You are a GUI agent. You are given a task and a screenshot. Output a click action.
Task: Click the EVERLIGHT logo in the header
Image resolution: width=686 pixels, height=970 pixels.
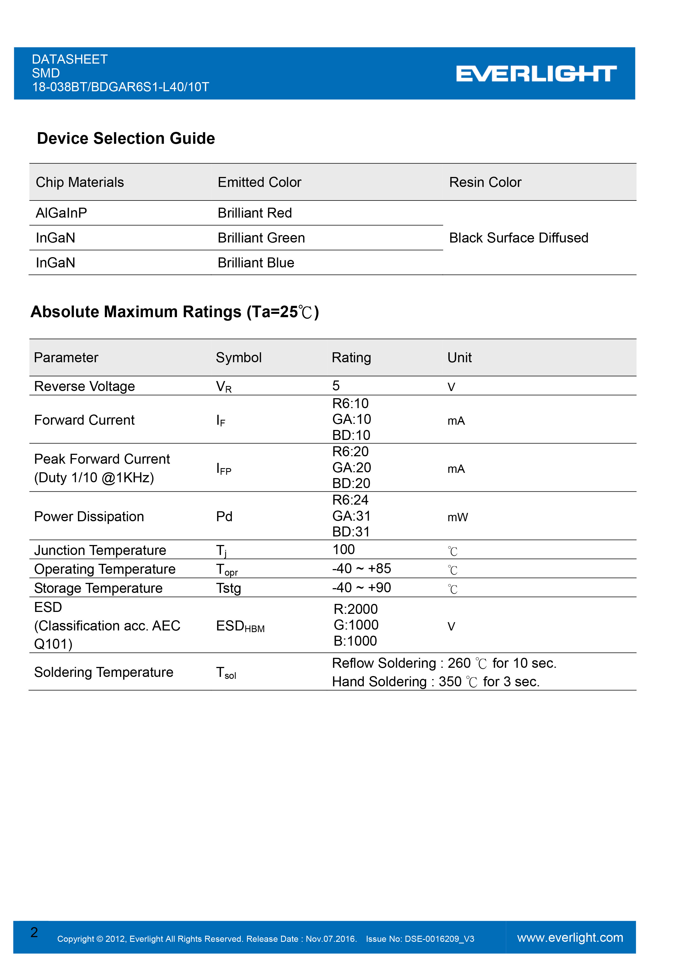point(536,74)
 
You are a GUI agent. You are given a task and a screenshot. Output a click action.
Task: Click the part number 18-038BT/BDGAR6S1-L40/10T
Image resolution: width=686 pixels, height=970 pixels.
point(120,87)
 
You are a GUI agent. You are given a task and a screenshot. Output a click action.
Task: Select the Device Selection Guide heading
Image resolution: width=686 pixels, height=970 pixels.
point(126,139)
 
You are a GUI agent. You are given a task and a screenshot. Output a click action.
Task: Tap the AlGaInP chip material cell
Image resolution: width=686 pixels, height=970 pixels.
point(61,213)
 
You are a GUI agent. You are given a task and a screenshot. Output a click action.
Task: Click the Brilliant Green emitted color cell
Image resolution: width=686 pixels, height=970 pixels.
point(261,238)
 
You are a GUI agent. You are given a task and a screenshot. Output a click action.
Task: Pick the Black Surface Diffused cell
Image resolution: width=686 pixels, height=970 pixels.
point(519,238)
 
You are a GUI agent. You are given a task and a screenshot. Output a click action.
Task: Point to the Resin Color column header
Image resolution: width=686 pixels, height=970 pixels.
point(485,182)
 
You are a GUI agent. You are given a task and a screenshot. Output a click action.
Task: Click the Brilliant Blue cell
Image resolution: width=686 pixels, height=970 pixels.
point(256,263)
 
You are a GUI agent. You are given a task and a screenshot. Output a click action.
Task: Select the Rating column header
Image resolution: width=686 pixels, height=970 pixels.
point(351,358)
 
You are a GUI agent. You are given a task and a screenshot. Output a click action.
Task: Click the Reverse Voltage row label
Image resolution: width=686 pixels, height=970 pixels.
point(85,386)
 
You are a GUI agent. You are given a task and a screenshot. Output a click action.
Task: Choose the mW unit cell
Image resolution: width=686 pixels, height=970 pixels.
point(458,517)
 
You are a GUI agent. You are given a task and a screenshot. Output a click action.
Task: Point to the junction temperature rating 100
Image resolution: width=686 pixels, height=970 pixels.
point(344,550)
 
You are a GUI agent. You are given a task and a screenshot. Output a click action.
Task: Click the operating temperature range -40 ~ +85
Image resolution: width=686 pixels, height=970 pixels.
point(361,569)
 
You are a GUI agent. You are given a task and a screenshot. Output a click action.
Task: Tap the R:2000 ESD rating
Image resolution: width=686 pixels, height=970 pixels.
point(355,609)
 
